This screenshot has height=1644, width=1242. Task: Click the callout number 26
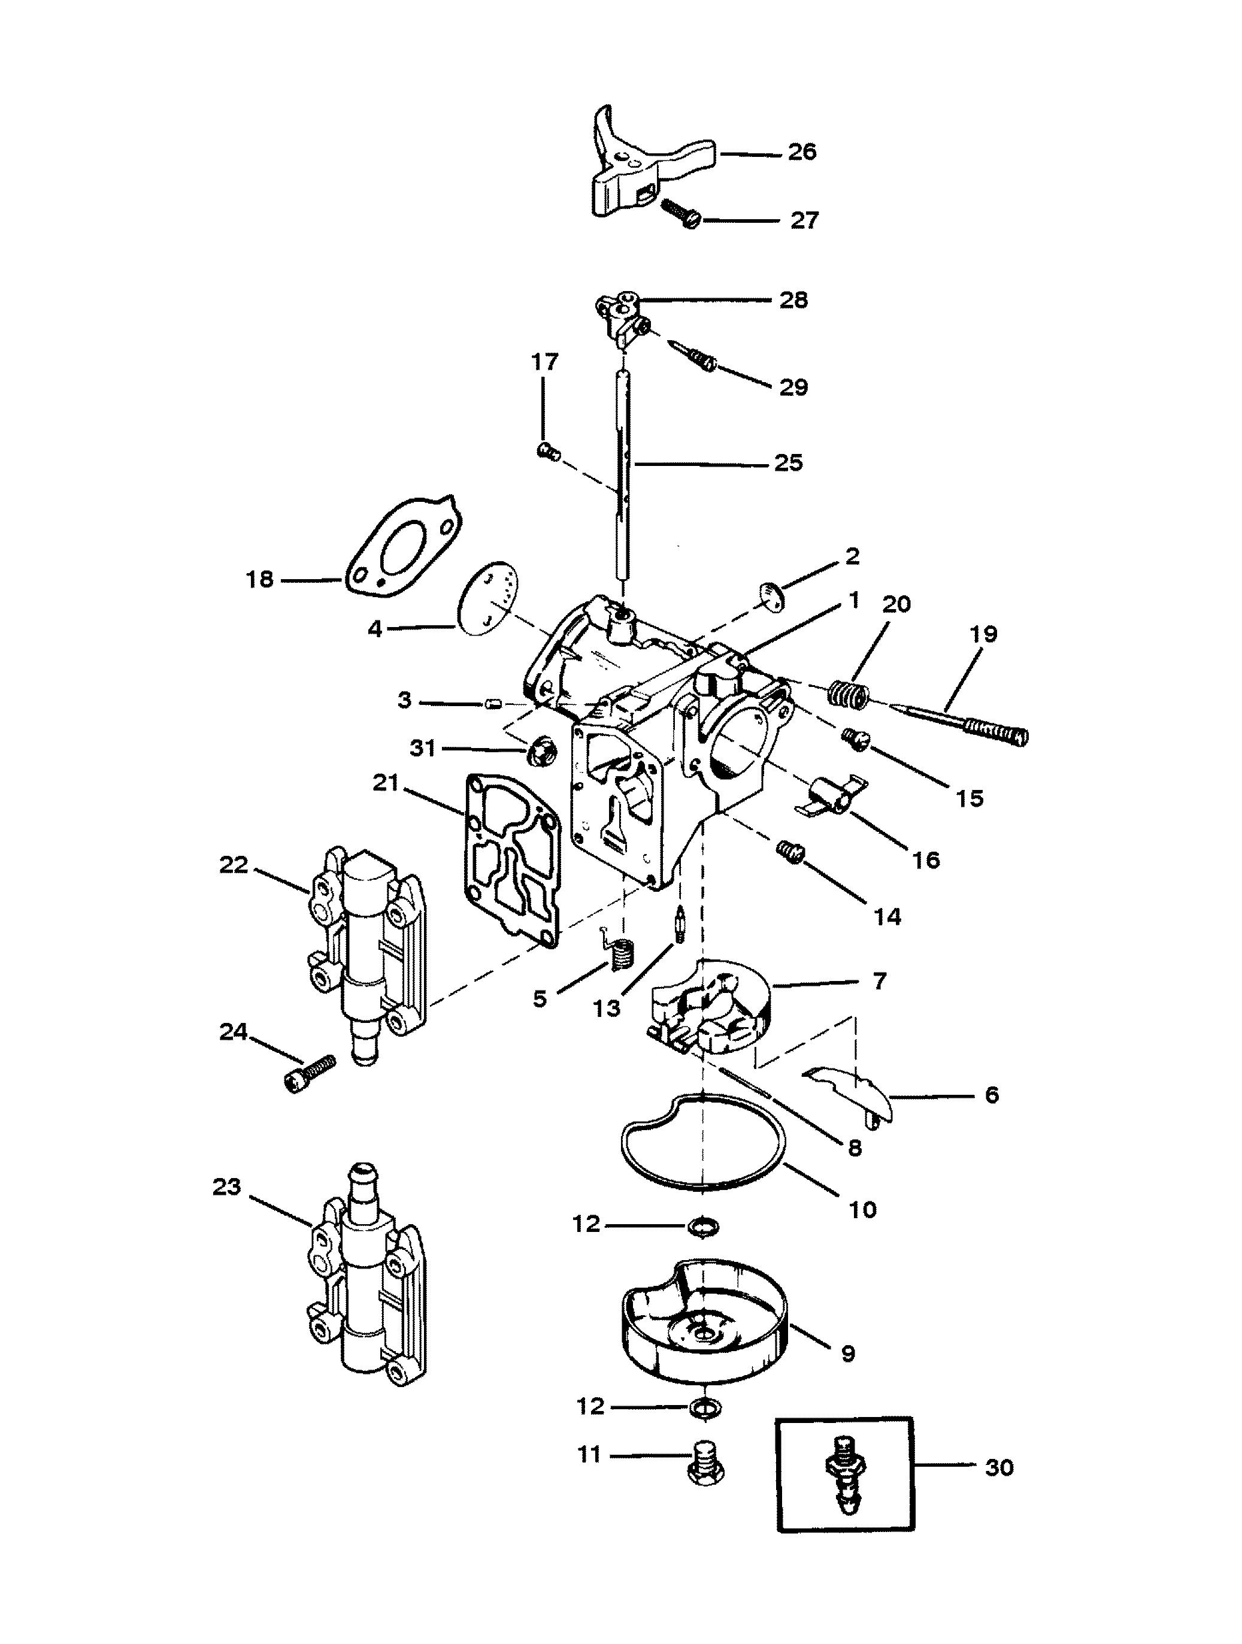[801, 152]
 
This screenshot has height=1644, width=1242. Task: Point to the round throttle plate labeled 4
[485, 598]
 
